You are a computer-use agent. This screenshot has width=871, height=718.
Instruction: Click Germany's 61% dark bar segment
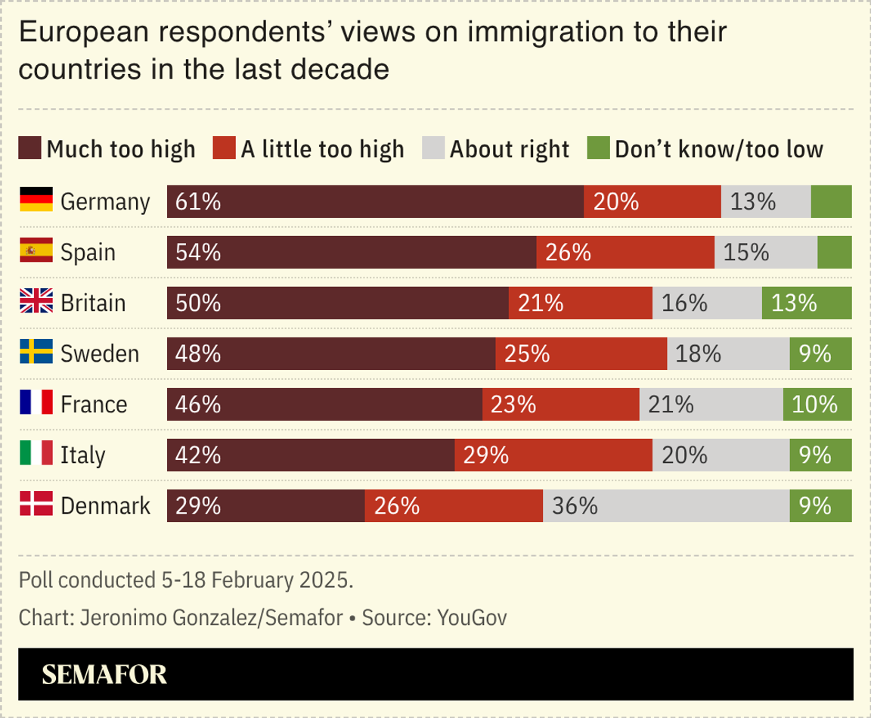coord(375,202)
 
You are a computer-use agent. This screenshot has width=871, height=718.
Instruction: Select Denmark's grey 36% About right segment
coord(666,505)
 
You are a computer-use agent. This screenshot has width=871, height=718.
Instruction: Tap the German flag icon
coord(36,200)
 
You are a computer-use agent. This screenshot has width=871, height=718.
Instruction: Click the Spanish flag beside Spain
coord(36,250)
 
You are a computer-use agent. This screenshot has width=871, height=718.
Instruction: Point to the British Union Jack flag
coord(36,302)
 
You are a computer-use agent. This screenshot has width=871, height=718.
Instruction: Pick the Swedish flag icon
coord(36,353)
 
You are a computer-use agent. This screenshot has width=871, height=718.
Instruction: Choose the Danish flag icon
coord(36,505)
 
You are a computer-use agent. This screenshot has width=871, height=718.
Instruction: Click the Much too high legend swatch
coord(29,148)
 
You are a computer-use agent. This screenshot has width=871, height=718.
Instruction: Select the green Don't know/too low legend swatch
coord(597,148)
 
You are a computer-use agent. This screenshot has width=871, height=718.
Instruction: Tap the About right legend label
coord(509,149)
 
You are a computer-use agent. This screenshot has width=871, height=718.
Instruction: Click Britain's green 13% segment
coord(807,303)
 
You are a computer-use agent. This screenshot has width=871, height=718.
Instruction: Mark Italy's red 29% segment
coord(553,455)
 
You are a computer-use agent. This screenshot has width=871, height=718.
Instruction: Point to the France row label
coord(94,404)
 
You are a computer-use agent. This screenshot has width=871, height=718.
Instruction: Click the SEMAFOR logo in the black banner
coord(104,674)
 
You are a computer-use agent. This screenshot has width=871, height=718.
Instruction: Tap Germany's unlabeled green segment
coord(831,202)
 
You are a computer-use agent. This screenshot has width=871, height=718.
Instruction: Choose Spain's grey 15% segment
coord(765,253)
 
